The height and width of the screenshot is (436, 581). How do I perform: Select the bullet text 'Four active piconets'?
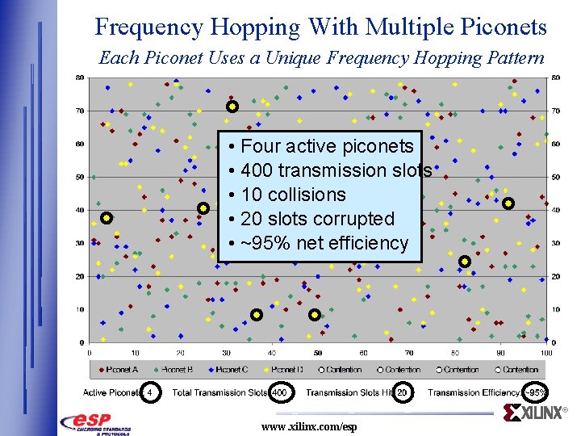tap(327, 146)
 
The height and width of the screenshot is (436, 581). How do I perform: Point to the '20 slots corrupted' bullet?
tap(316, 219)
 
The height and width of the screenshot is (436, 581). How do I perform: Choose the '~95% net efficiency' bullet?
tap(324, 243)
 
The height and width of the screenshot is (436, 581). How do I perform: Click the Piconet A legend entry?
tap(118, 370)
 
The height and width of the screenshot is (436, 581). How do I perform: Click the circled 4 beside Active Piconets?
tap(149, 392)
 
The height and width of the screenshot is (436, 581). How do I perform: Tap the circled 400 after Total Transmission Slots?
tap(280, 392)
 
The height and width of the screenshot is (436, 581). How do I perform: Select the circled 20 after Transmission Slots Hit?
tap(403, 392)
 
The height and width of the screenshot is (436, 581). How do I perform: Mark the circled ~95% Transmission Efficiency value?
tap(536, 392)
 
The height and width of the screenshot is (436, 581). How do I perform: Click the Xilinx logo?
tap(536, 414)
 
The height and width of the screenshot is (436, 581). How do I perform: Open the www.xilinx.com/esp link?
tap(308, 426)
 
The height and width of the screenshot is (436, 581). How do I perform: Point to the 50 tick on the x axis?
tap(318, 353)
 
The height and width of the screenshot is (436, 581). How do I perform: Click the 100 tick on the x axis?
tap(546, 353)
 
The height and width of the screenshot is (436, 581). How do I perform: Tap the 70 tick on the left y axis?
tap(80, 111)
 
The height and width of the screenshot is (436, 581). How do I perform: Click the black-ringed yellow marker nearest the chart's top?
tap(232, 107)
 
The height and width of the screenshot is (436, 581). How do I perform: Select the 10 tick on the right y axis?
tap(555, 309)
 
